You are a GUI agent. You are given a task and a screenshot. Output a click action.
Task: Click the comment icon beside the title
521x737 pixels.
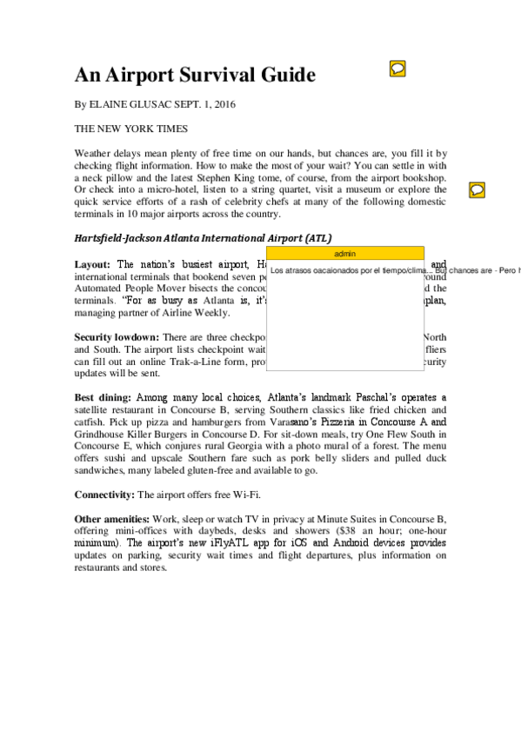tap(397, 68)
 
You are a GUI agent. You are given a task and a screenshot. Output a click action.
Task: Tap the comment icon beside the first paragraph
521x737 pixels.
tap(477, 189)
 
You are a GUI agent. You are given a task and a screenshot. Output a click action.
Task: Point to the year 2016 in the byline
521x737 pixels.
tap(224, 104)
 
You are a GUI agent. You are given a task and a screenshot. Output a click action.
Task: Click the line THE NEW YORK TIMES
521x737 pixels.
tap(130, 129)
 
